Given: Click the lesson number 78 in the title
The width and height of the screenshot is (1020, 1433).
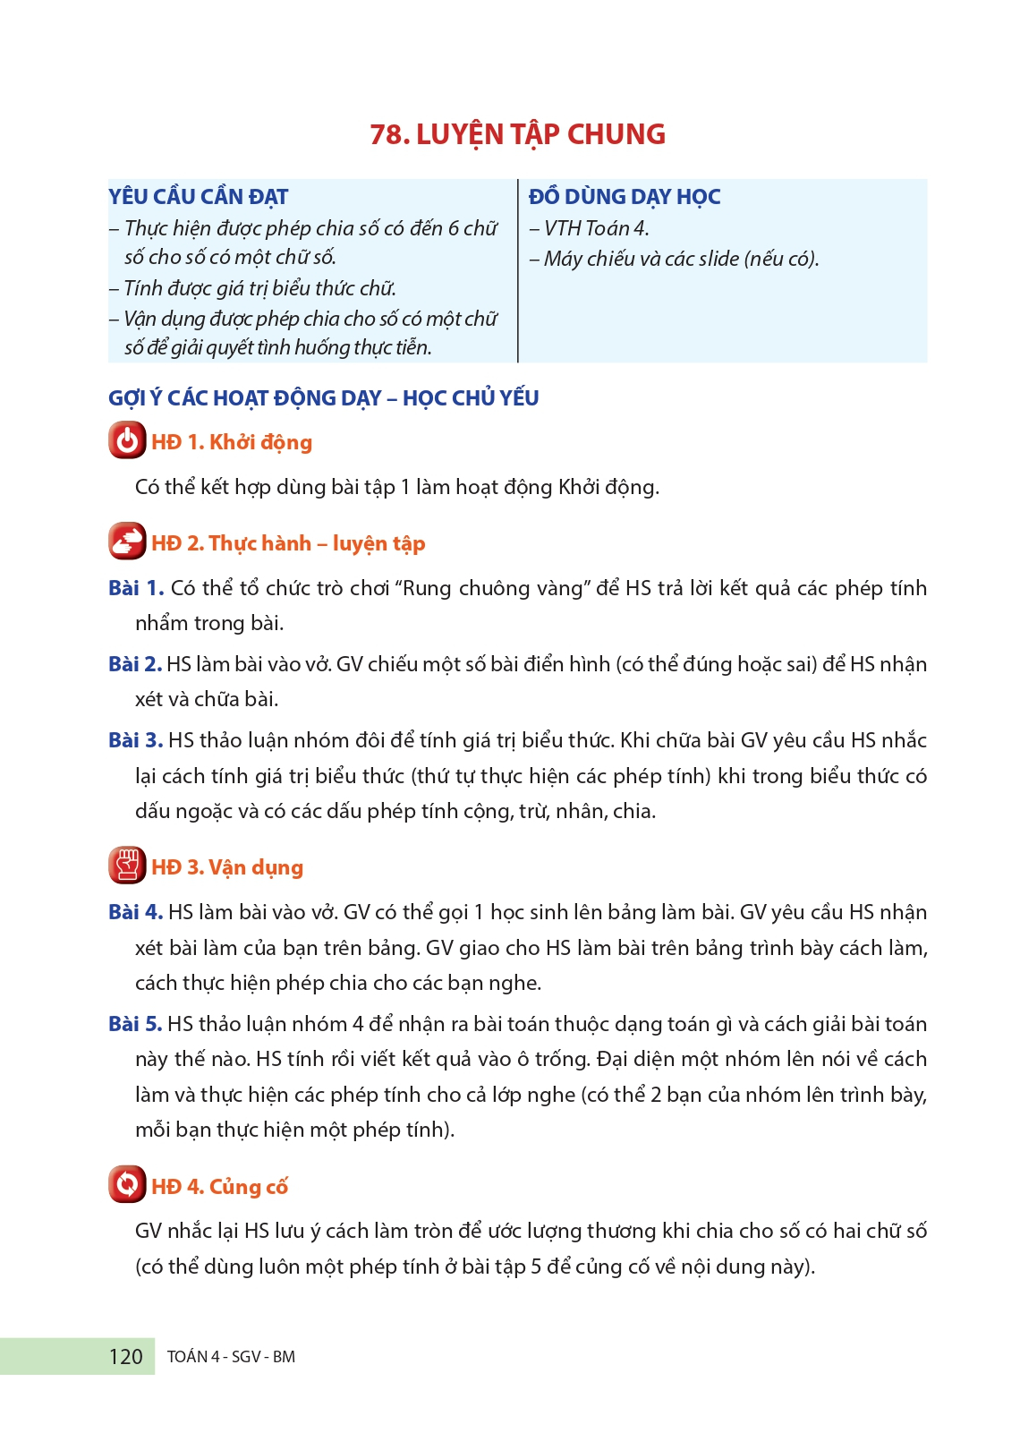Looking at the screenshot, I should [388, 134].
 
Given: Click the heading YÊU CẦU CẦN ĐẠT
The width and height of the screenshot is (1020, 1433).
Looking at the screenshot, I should [198, 197].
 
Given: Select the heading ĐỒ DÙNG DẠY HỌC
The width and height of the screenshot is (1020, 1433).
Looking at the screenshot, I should [624, 197].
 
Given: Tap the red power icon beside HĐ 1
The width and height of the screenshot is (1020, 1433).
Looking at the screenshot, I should [127, 441].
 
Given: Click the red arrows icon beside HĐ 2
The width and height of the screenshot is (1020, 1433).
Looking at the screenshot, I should [127, 542].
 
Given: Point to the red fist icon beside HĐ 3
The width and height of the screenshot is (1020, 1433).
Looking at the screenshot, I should [127, 866].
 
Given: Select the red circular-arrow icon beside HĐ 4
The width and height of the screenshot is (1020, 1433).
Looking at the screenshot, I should [127, 1185].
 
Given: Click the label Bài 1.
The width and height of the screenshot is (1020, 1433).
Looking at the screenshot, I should [135, 588].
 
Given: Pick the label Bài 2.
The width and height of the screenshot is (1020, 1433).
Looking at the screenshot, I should [134, 664].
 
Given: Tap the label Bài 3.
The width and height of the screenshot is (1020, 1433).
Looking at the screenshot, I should [135, 740].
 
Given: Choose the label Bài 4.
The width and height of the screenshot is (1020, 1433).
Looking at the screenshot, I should [135, 912].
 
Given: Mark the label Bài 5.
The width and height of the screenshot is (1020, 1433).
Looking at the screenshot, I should [135, 1024].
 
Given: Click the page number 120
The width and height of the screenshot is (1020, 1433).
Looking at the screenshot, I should [125, 1357].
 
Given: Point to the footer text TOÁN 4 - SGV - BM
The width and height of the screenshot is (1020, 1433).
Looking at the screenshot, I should [231, 1357].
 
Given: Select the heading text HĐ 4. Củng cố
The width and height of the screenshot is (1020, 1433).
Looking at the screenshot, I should [219, 1187].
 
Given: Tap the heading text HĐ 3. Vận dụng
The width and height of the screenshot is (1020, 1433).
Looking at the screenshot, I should [227, 867].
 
